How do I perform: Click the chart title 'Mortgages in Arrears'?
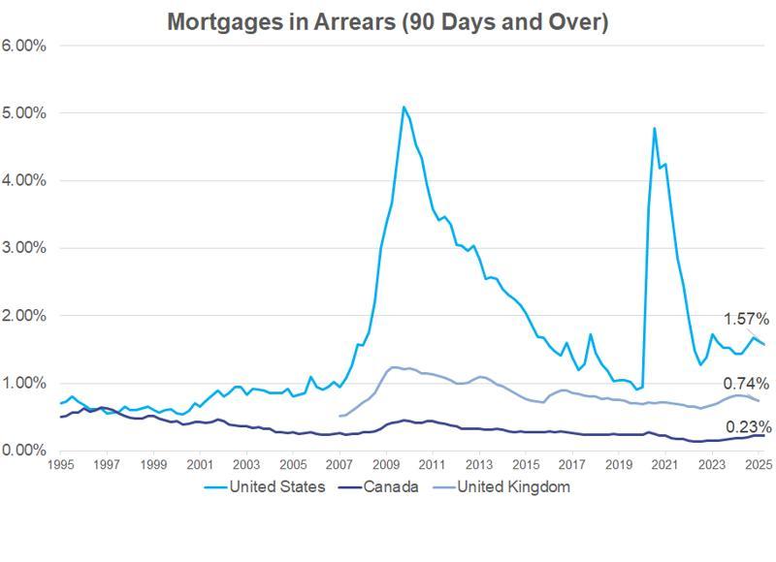(x=387, y=21)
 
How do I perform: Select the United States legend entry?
(x=276, y=487)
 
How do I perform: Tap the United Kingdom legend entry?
(x=512, y=487)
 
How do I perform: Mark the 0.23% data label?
(x=748, y=426)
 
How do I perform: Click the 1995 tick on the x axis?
(x=60, y=465)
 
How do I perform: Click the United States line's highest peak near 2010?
(x=404, y=107)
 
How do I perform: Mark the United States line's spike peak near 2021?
(x=655, y=128)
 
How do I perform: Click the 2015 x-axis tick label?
(x=525, y=465)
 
